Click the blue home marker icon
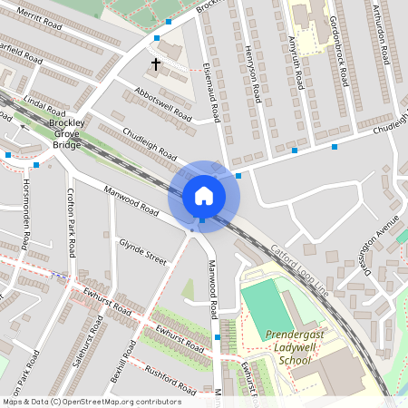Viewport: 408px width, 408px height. tap(204, 195)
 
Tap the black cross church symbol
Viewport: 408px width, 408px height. tap(156, 64)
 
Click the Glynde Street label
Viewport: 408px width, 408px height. tap(143, 251)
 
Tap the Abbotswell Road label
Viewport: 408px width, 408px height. tap(162, 109)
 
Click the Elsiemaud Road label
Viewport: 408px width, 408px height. tap(215, 97)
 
